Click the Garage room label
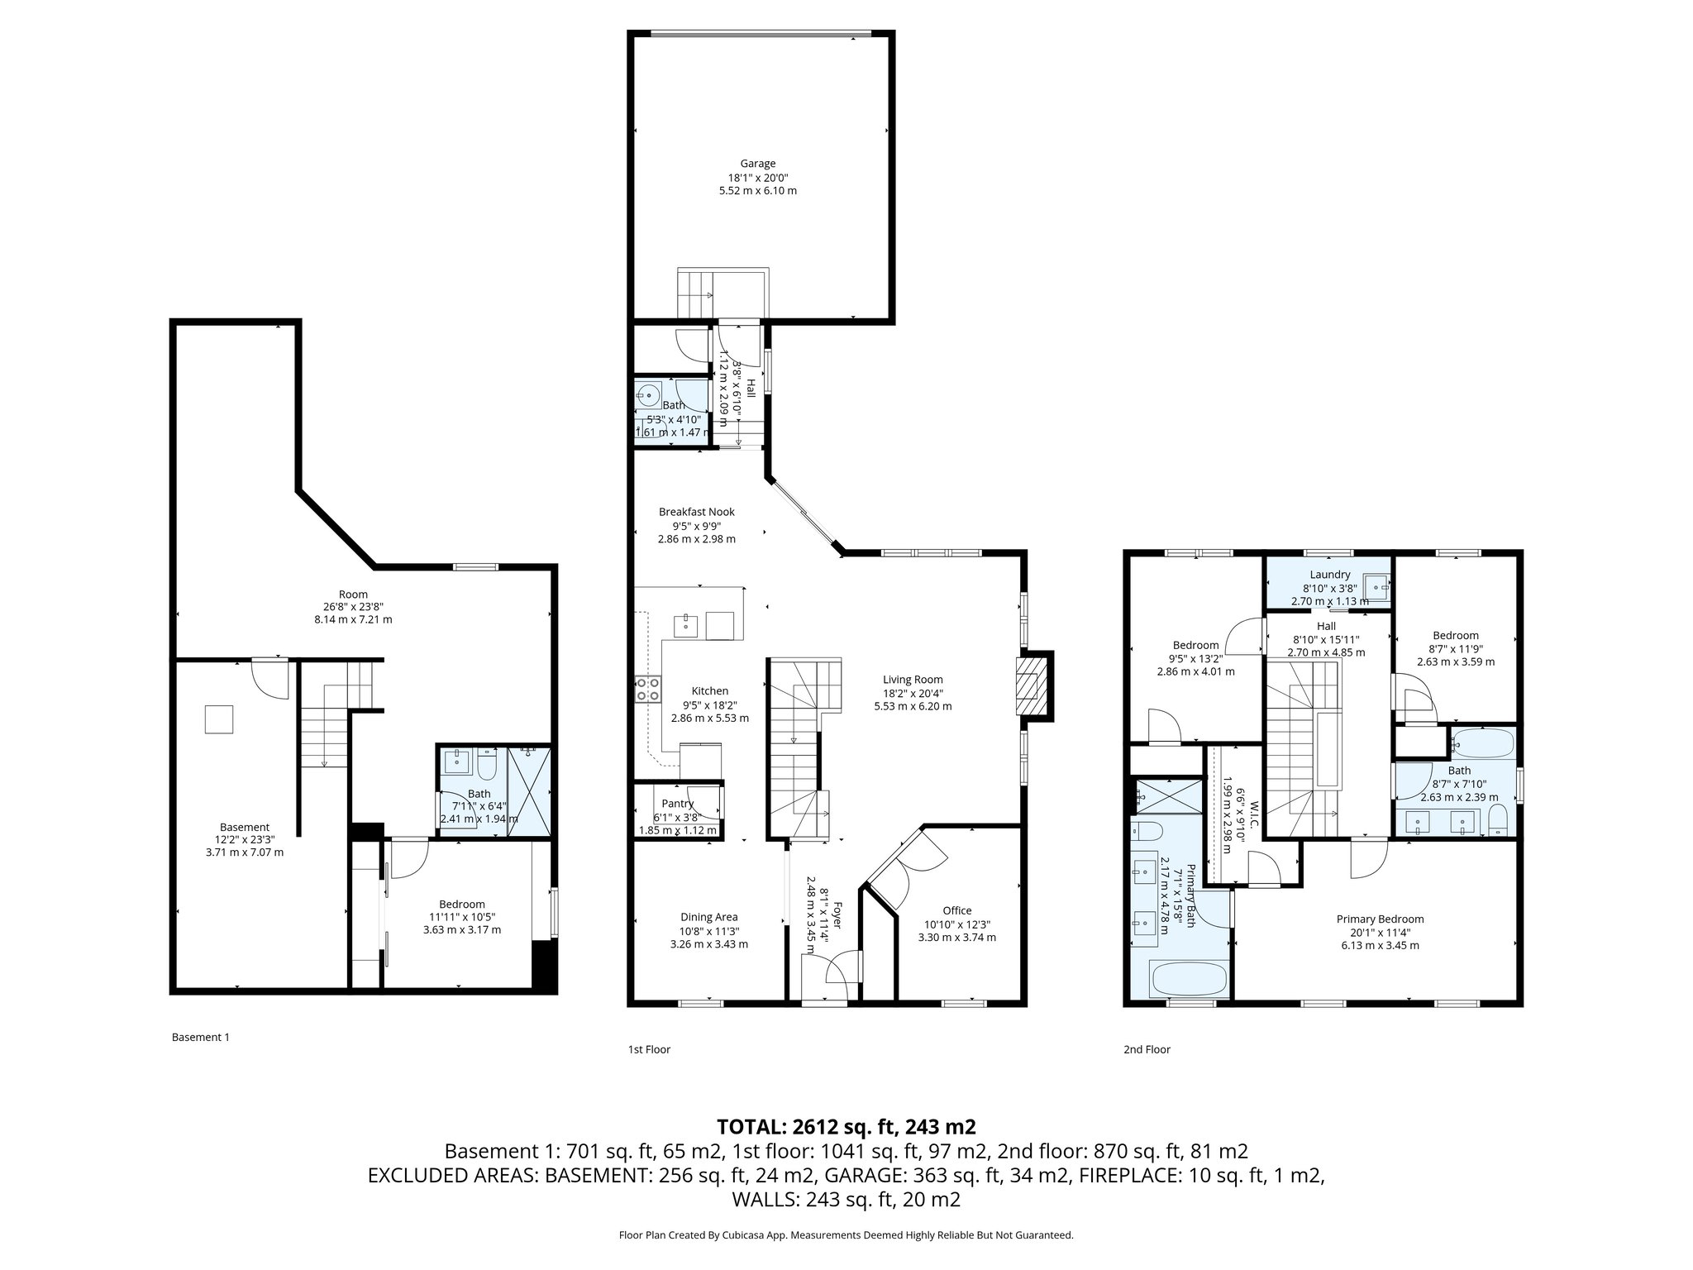[757, 164]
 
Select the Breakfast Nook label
[696, 512]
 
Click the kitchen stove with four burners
[647, 689]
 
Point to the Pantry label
[677, 804]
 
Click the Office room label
[956, 910]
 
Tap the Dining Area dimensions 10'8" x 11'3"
[708, 930]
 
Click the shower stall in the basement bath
[528, 791]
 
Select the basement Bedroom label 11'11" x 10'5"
[461, 904]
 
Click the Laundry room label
[1329, 575]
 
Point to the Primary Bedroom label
[1380, 919]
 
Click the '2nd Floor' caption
[1147, 1049]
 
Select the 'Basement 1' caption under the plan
[200, 1037]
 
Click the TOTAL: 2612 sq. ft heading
[846, 1126]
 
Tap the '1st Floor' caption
[649, 1049]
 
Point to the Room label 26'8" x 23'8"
[353, 594]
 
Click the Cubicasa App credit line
[846, 1234]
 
